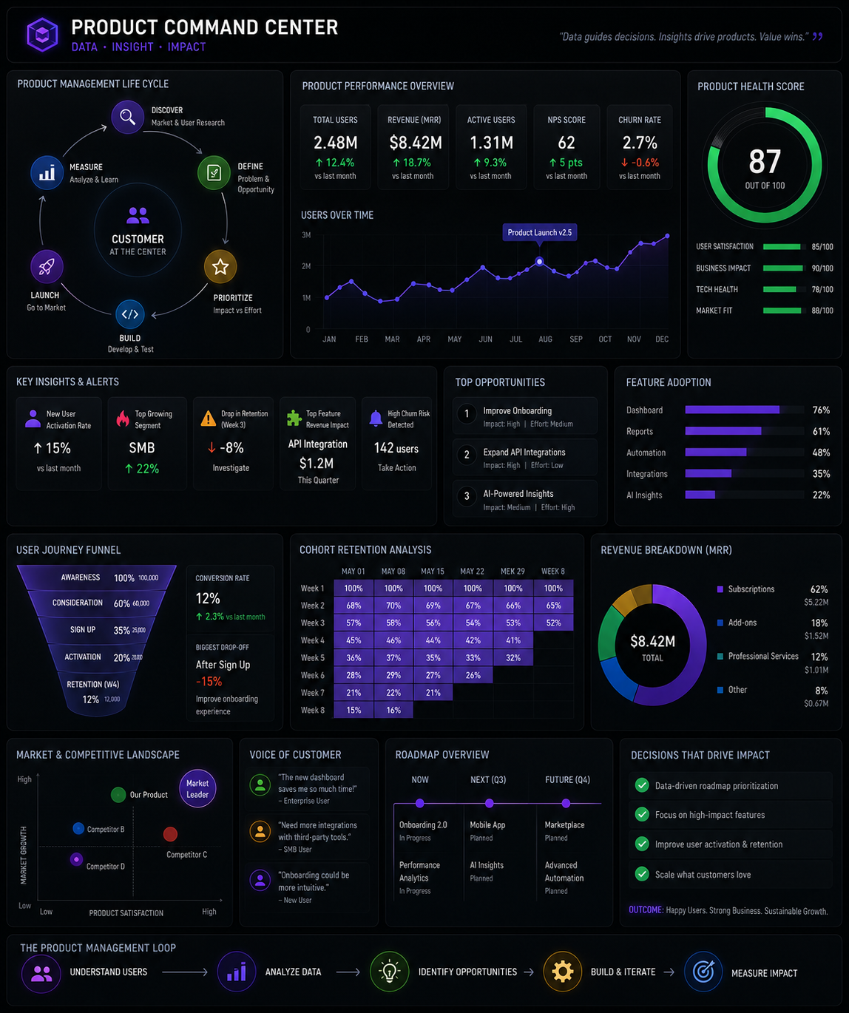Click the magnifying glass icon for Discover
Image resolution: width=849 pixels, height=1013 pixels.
pyautogui.click(x=128, y=117)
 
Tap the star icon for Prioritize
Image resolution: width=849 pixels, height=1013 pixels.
pyautogui.click(x=220, y=266)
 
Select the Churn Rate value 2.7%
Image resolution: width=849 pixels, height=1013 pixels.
pyautogui.click(x=640, y=143)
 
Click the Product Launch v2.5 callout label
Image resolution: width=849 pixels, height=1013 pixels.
pyautogui.click(x=539, y=232)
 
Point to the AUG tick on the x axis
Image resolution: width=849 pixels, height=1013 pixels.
pyautogui.click(x=545, y=339)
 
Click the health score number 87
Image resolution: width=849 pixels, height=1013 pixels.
pyautogui.click(x=765, y=161)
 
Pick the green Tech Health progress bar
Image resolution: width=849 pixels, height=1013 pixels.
pyautogui.click(x=779, y=290)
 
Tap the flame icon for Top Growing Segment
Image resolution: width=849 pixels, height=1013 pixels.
pyautogui.click(x=123, y=419)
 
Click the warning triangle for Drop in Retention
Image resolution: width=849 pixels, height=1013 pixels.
pyautogui.click(x=208, y=419)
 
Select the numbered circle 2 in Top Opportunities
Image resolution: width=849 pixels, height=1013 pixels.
pyautogui.click(x=467, y=455)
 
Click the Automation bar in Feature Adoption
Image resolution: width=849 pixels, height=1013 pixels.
pyautogui.click(x=716, y=453)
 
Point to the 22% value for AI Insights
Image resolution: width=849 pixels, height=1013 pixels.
pyautogui.click(x=821, y=495)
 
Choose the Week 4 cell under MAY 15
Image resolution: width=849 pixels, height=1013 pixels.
pyautogui.click(x=433, y=640)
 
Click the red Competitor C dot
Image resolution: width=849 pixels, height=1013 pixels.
pyautogui.click(x=170, y=834)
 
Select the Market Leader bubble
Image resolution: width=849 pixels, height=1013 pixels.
pyautogui.click(x=197, y=788)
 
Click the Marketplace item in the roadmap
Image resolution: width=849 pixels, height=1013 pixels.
pyautogui.click(x=564, y=824)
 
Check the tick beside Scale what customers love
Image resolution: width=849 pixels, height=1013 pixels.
pyautogui.click(x=642, y=874)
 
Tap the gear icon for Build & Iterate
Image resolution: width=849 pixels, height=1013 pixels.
pyautogui.click(x=562, y=972)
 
